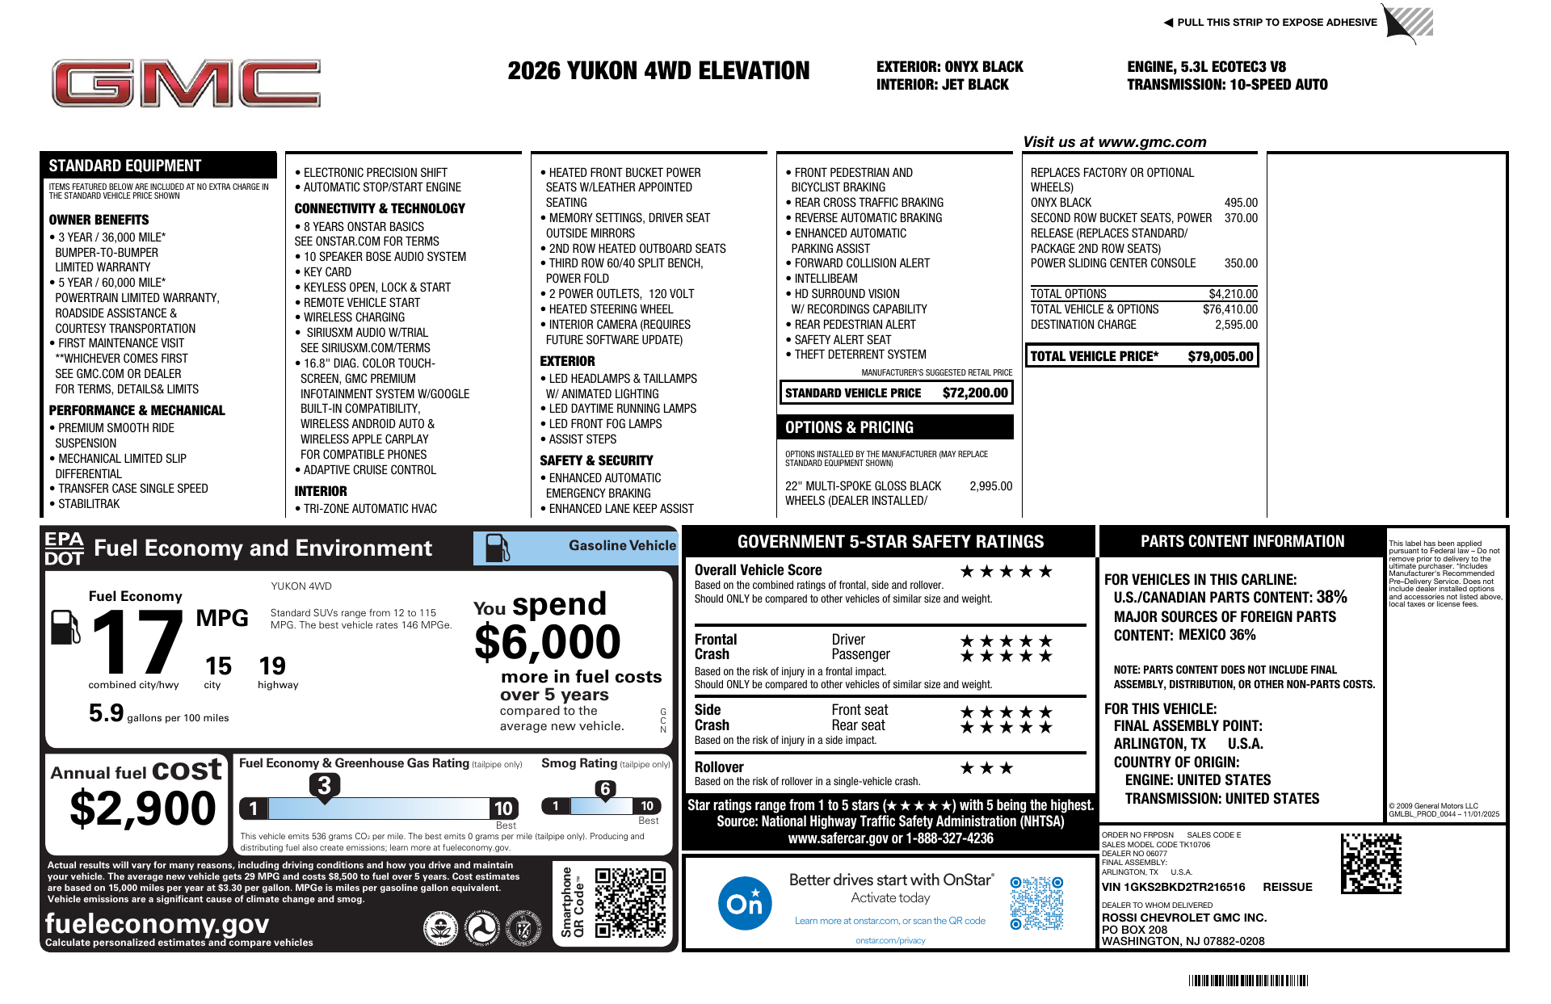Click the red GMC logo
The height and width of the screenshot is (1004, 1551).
[186, 83]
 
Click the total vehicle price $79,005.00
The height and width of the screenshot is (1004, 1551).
[1220, 356]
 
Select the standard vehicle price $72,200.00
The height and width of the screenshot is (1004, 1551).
[975, 393]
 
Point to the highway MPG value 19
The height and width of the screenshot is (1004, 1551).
[272, 666]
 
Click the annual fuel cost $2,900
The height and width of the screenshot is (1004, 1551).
[143, 809]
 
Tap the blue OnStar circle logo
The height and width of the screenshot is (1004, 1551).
[744, 903]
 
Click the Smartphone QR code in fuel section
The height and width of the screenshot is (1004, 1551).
[630, 902]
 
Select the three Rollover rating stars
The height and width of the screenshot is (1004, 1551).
[986, 768]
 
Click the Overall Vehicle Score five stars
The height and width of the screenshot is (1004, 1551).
[1006, 572]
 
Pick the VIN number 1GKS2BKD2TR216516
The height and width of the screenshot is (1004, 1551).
[1173, 887]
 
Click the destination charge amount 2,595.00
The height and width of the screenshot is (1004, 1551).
[1236, 325]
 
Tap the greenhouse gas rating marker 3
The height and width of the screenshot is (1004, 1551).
[324, 785]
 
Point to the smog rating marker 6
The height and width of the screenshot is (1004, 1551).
[605, 789]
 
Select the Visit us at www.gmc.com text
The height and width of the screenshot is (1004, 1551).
[1114, 142]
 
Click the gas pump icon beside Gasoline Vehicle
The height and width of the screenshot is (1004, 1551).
[497, 548]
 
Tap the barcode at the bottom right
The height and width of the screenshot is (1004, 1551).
[1247, 981]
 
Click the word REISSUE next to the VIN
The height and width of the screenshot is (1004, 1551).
[1287, 887]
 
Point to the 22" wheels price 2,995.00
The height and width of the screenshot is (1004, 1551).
[990, 486]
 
